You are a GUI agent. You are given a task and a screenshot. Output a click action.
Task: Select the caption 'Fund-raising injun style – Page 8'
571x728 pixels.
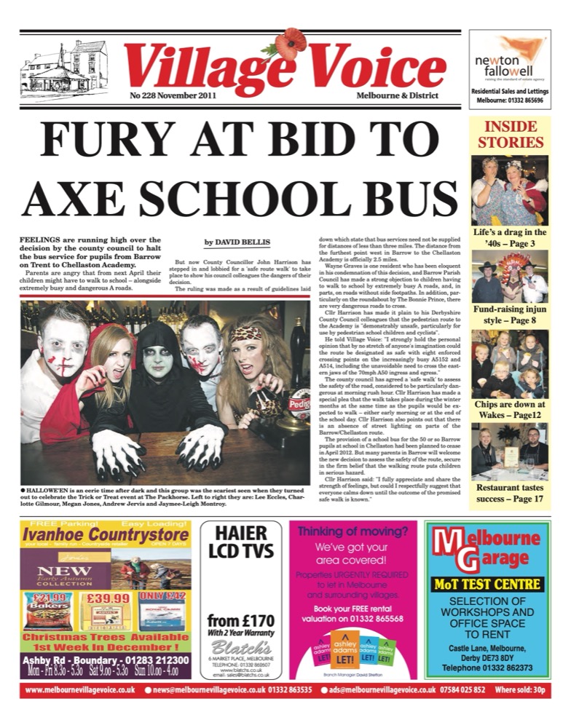click(x=510, y=315)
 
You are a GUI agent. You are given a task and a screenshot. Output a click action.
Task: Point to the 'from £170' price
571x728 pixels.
click(x=240, y=621)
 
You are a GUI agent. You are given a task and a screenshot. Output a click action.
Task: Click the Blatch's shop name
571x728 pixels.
click(x=240, y=646)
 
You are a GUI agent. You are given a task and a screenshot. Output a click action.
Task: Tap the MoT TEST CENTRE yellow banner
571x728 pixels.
click(x=488, y=584)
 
